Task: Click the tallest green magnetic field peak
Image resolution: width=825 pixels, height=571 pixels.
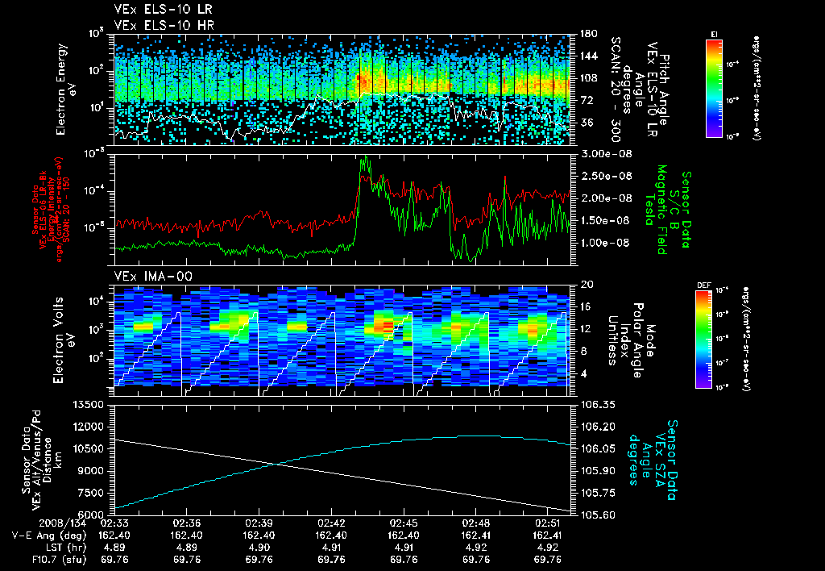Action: (364, 158)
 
